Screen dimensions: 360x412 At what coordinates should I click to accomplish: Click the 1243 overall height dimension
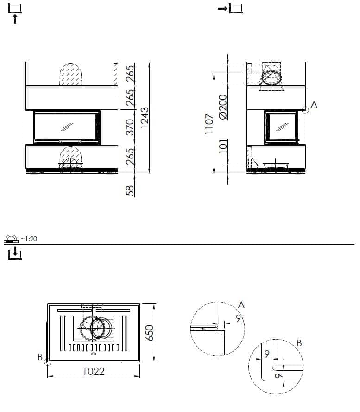click(145, 118)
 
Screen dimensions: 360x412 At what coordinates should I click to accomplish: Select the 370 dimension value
click(130, 127)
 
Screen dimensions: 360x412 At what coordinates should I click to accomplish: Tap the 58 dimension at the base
click(130, 191)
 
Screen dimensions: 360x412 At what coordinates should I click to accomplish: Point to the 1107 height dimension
click(209, 124)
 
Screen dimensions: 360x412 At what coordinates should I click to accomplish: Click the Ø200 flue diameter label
click(223, 107)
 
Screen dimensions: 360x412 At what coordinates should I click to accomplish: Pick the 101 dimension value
click(223, 146)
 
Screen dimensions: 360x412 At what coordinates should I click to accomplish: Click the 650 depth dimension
click(150, 333)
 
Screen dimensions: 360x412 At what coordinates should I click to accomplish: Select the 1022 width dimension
click(94, 371)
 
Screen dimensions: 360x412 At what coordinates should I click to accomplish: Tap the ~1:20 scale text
click(29, 239)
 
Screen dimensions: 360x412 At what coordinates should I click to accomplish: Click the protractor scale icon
click(11, 239)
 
